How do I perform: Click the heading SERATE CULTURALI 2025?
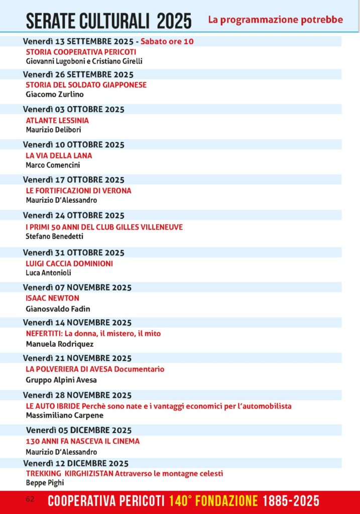pyautogui.click(x=108, y=21)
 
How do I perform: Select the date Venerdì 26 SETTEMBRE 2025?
pyautogui.click(x=78, y=74)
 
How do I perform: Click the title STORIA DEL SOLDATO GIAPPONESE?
pyautogui.click(x=86, y=85)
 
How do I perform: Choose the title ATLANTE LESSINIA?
pyautogui.click(x=57, y=120)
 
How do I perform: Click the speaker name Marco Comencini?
pyautogui.click(x=53, y=165)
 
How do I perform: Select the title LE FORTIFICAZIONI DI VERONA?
pyautogui.click(x=78, y=191)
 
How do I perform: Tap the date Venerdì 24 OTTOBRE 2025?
pyautogui.click(x=74, y=215)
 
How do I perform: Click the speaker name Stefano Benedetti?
pyautogui.click(x=54, y=236)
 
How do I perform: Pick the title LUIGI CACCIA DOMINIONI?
pyautogui.click(x=69, y=263)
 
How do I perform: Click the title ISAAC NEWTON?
pyautogui.click(x=52, y=298)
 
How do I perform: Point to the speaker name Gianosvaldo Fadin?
pyautogui.click(x=58, y=309)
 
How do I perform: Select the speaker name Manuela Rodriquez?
pyautogui.click(x=59, y=344)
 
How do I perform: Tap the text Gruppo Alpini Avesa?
pyautogui.click(x=61, y=379)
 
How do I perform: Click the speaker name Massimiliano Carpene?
pyautogui.click(x=64, y=415)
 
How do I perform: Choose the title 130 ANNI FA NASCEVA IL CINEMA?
pyautogui.click(x=82, y=441)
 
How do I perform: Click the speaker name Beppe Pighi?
pyautogui.click(x=45, y=482)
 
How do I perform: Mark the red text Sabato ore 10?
pyautogui.click(x=167, y=41)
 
